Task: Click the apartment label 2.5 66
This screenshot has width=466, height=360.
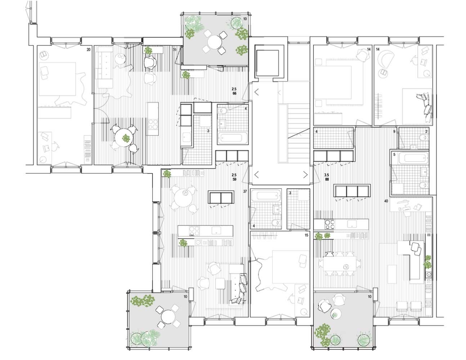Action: click(x=234, y=91)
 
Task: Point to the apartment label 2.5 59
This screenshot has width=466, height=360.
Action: click(x=234, y=177)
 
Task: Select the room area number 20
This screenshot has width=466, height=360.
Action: click(x=88, y=50)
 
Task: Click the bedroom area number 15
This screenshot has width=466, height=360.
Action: click(x=306, y=235)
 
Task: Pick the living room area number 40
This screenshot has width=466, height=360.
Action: click(x=386, y=201)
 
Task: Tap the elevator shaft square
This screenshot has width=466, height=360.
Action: click(x=267, y=63)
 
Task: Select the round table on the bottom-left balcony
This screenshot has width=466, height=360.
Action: click(x=167, y=317)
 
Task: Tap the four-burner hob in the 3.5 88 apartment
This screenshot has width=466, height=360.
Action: click(x=330, y=224)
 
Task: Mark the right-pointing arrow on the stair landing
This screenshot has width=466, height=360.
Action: click(x=305, y=175)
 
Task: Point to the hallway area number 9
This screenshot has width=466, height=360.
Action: click(x=394, y=132)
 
